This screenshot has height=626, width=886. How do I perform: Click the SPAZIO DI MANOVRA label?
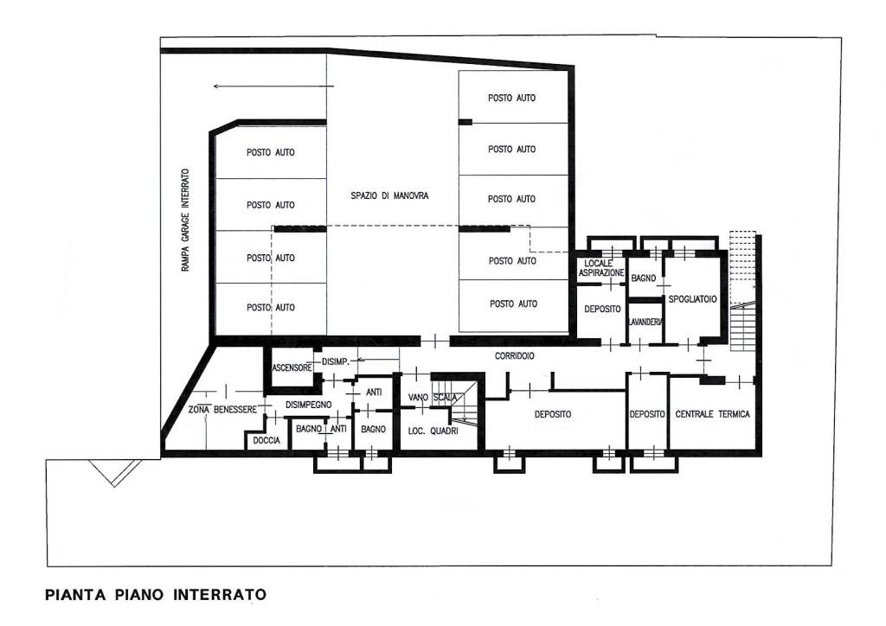point(389,196)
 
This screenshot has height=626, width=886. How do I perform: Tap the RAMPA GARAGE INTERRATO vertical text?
point(186,220)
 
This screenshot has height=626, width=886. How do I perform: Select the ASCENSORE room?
point(292,367)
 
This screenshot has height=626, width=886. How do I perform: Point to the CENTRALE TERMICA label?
point(713,414)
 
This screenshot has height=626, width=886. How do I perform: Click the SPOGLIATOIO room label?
point(692,299)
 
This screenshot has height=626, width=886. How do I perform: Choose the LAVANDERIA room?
point(645,323)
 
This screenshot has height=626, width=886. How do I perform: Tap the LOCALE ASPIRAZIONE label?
point(601,268)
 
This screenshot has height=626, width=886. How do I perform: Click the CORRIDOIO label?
point(514,356)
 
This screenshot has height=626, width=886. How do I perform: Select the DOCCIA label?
point(266,440)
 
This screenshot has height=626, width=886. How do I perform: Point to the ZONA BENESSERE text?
point(222,409)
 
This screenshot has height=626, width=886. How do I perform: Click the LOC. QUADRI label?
point(433,431)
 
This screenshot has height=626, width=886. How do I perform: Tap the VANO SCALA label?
point(433,398)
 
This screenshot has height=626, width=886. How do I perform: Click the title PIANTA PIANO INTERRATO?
point(156,594)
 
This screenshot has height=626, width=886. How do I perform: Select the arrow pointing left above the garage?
point(273,86)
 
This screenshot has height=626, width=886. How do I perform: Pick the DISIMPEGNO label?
point(309,405)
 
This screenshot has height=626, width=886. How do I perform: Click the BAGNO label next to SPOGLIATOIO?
point(644,278)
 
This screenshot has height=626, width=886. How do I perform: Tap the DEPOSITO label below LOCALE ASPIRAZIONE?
point(602,310)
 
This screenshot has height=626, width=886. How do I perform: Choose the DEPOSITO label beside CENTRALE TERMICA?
point(647,414)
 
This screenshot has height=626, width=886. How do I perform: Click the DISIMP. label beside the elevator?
point(336,361)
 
